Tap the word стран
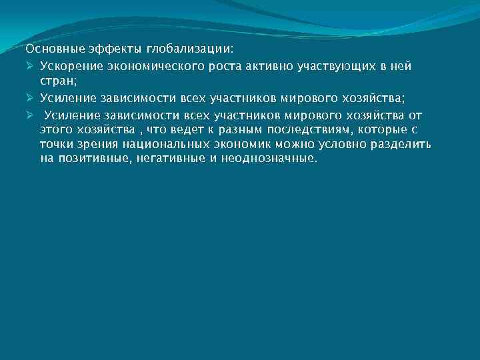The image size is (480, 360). pyautogui.click(x=58, y=81)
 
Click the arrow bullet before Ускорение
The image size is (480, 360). pyautogui.click(x=30, y=65)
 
